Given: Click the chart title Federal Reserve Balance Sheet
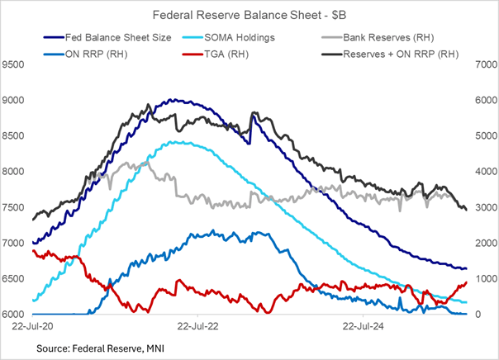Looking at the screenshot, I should pos(249,15).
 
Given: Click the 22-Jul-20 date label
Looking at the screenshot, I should pos(32,327).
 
